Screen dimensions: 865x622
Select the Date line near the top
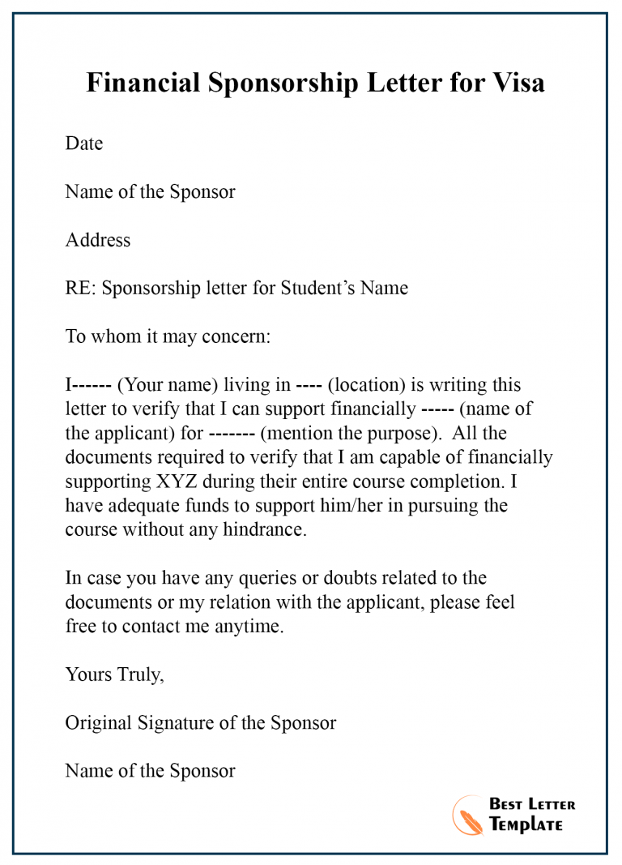[84, 143]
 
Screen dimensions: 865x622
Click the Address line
[97, 240]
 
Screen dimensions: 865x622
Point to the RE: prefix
[81, 288]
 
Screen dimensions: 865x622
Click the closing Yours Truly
[114, 674]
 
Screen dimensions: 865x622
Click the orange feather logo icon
[468, 814]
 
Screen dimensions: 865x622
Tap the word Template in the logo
[526, 824]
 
